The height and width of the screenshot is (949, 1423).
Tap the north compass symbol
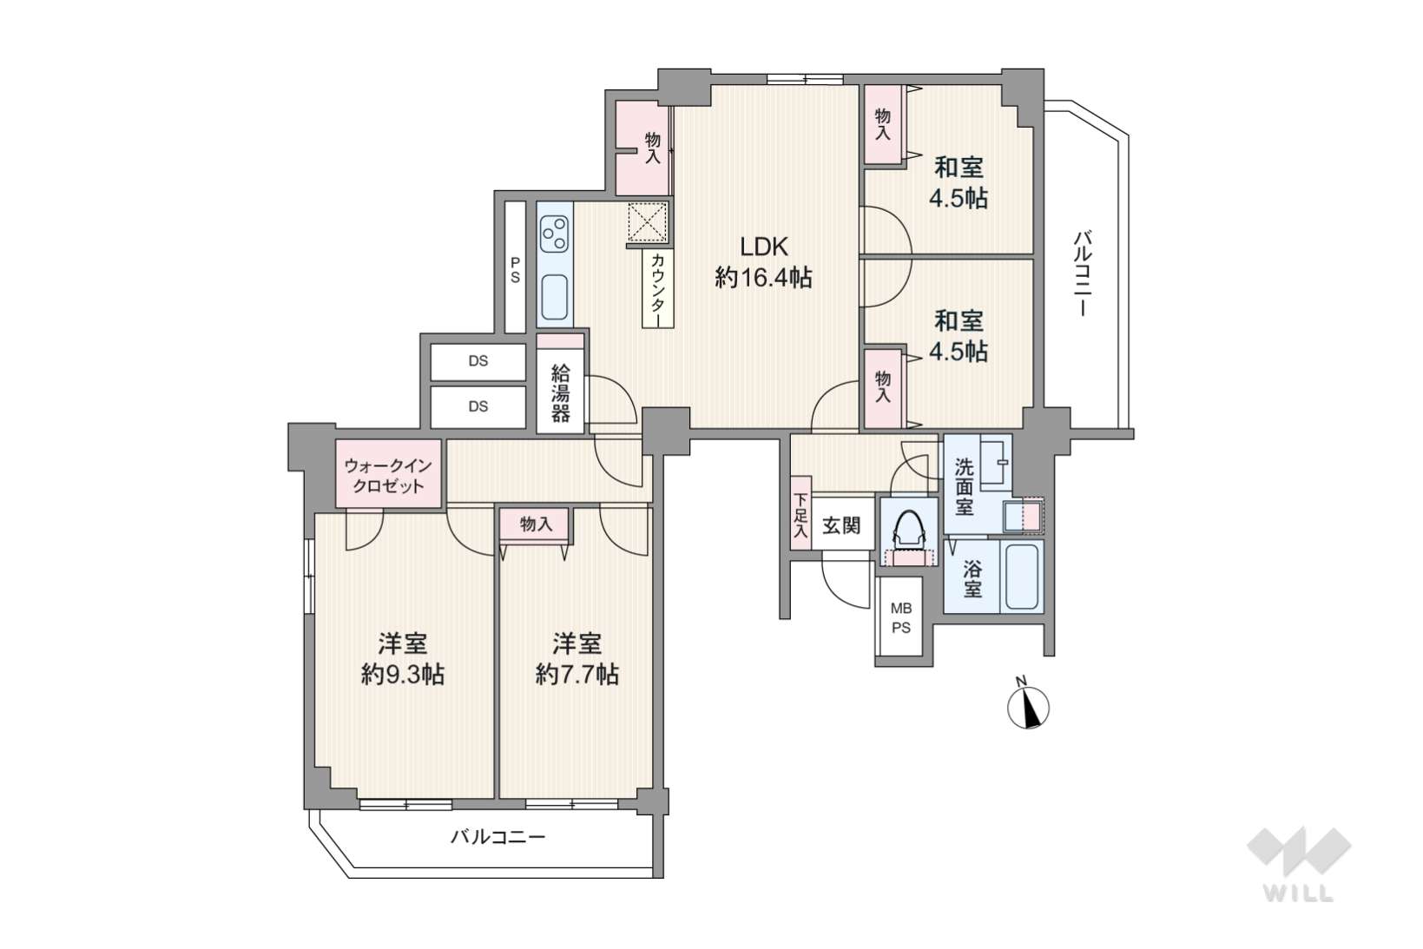[1028, 706]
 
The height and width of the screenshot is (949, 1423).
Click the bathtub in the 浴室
[1022, 576]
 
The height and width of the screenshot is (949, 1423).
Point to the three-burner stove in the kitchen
[555, 234]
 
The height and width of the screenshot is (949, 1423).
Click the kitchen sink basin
[555, 297]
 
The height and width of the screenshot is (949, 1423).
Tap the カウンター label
[658, 290]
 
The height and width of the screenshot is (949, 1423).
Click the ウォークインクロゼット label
[388, 476]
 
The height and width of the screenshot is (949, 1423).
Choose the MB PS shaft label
[901, 618]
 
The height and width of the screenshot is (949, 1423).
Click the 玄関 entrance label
[841, 525]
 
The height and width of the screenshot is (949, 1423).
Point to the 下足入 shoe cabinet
[801, 513]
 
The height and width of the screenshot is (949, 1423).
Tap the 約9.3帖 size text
[403, 674]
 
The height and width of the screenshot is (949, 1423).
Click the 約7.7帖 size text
[576, 674]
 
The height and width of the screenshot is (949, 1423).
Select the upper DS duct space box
[478, 361]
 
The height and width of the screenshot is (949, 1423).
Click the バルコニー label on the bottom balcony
[498, 837]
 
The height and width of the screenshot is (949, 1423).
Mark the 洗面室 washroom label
[965, 487]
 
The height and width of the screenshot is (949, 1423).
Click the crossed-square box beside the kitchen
[648, 222]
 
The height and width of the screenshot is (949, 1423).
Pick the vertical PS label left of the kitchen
[515, 270]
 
